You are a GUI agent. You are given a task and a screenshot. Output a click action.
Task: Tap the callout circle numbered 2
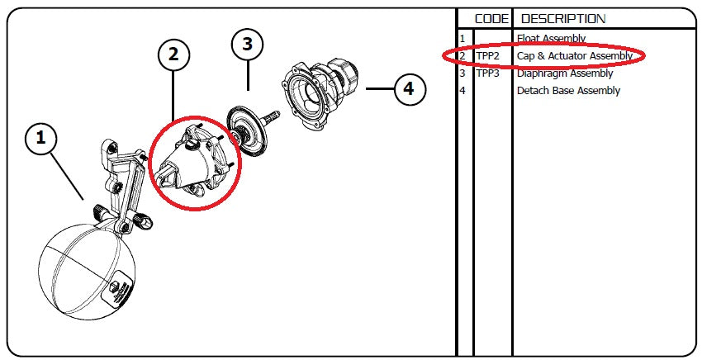[x=173, y=54]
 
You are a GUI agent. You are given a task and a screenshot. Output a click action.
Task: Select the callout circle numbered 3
[x=247, y=45]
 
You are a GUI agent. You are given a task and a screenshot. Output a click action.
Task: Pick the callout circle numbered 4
[x=410, y=88]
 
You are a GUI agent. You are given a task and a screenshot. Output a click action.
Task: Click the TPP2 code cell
[x=487, y=56]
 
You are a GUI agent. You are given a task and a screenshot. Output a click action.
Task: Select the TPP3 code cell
[x=487, y=73]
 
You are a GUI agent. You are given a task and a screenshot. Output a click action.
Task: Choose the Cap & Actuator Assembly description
[x=575, y=56]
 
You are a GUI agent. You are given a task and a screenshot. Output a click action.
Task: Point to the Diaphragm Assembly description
[x=565, y=73]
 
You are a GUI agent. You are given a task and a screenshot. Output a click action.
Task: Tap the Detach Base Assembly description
[x=568, y=91]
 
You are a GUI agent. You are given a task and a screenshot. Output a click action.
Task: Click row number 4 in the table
[x=463, y=91]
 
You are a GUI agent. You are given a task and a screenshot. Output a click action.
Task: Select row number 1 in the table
[x=463, y=39]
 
